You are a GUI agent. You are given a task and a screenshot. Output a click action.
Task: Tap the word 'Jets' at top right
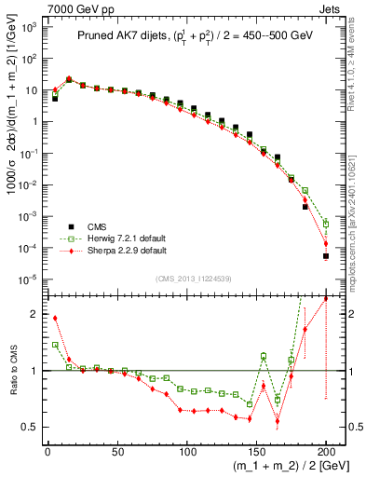tap(332, 8)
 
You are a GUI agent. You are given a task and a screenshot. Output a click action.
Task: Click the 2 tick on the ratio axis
tap(36, 314)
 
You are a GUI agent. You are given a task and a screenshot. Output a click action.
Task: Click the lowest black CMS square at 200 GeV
tap(326, 256)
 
